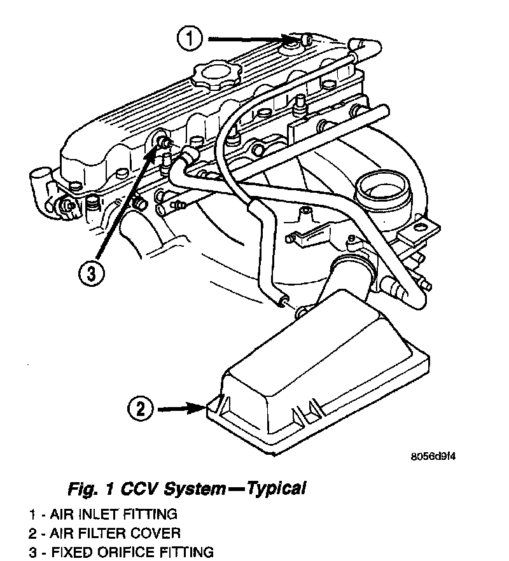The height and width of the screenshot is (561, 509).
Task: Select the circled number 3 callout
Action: [x=90, y=273]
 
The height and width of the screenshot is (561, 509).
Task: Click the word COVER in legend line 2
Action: [x=160, y=533]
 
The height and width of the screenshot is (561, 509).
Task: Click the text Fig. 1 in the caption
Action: [x=87, y=489]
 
